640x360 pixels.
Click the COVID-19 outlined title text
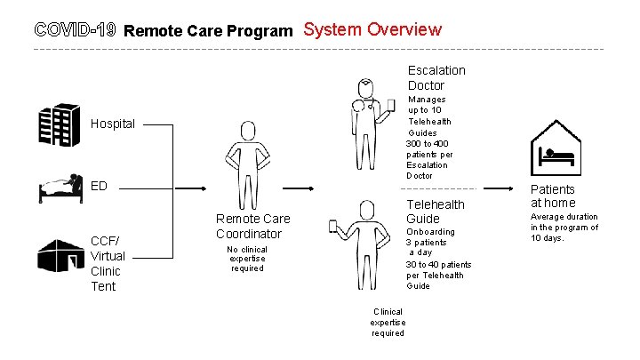coord(75,30)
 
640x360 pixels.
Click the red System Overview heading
coord(372,28)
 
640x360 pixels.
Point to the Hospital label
coord(113,124)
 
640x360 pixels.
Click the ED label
coord(100,186)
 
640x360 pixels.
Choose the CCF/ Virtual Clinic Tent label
coord(108,262)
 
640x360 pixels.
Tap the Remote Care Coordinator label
coord(252,226)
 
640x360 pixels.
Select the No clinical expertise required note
coord(247,259)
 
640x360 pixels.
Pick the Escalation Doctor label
coord(436,77)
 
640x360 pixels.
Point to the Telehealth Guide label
coord(435,212)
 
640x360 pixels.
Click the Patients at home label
coord(553,196)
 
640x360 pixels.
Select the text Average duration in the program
coord(564,227)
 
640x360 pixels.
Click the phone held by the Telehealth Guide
coord(336,226)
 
